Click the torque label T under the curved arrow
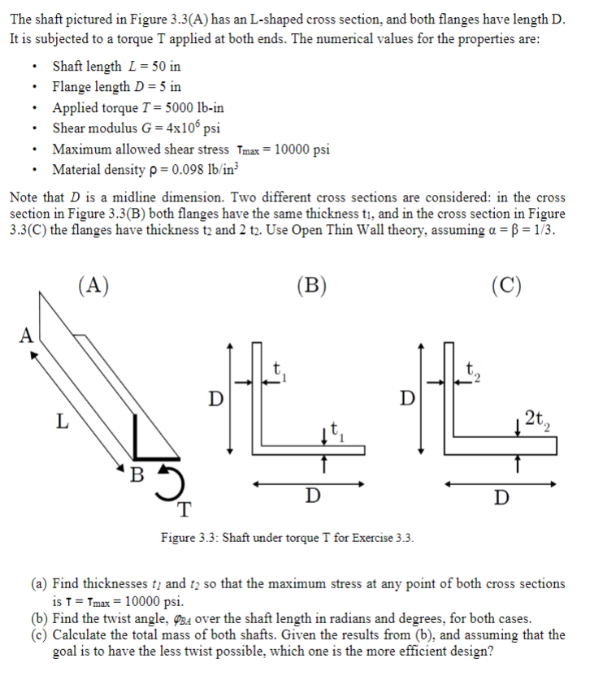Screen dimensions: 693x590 [x=185, y=510]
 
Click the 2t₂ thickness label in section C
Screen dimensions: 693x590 [x=536, y=419]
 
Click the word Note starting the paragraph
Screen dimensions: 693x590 [x=23, y=197]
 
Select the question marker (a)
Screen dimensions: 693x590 [x=38, y=583]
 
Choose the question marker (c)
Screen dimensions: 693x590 [x=38, y=635]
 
